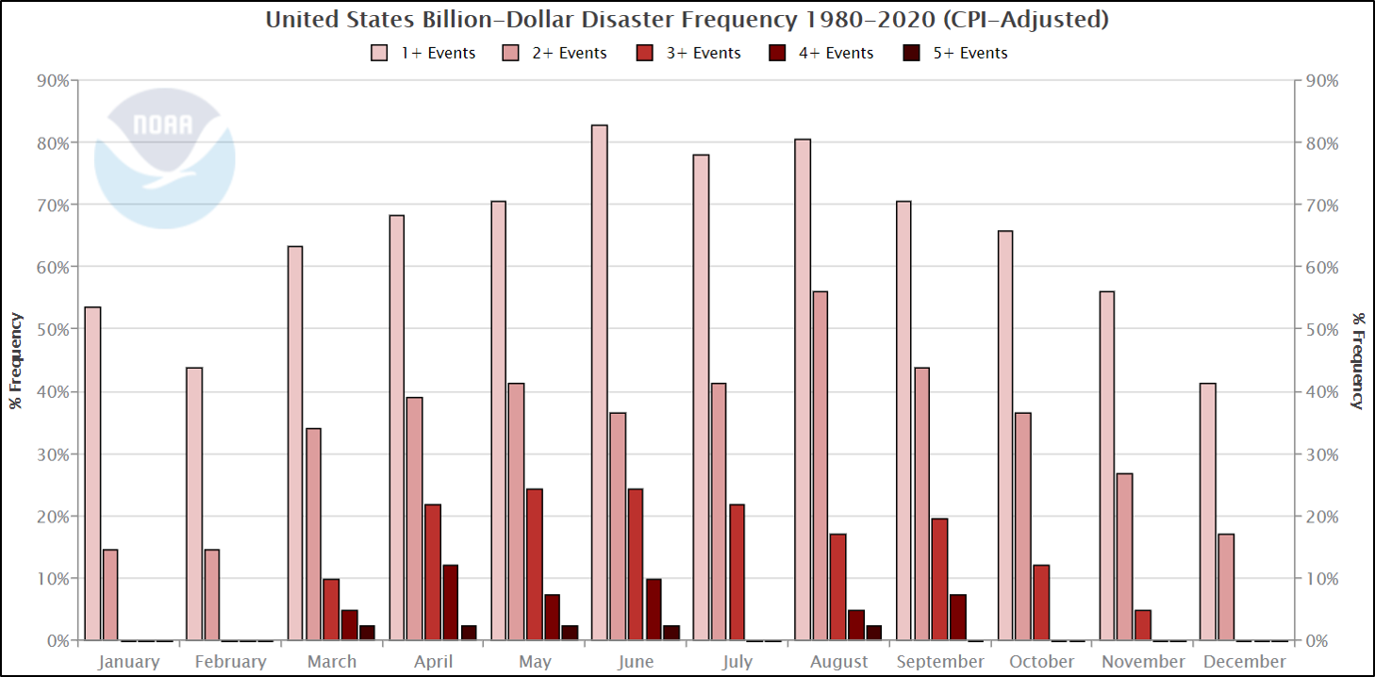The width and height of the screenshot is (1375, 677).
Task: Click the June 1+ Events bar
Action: (600, 382)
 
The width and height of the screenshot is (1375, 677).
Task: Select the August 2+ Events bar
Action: (820, 466)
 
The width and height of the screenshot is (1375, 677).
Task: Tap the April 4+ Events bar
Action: (451, 603)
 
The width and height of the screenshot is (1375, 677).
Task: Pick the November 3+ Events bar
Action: (1143, 625)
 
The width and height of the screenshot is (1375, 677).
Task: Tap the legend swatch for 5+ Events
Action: (914, 54)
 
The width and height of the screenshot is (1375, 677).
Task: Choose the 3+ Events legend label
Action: (704, 54)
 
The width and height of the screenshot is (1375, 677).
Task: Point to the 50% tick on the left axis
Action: (53, 329)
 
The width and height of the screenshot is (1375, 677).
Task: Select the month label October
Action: (1041, 662)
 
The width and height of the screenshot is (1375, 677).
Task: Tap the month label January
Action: (128, 662)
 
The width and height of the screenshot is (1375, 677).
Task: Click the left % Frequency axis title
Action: (16, 360)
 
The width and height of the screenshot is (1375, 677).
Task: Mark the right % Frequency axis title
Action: (1358, 360)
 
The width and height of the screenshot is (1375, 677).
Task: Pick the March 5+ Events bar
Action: (367, 633)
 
